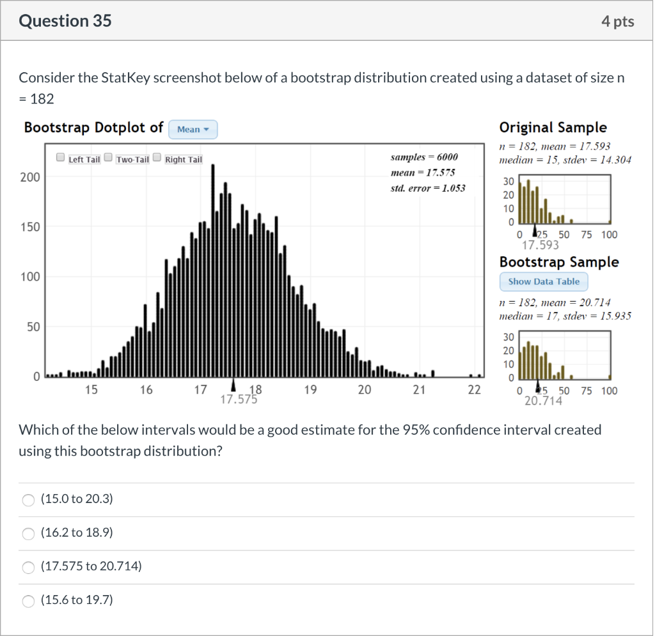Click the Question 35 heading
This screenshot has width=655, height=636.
pos(65,21)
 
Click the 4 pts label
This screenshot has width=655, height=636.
pos(617,22)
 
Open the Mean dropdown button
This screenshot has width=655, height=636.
pos(193,130)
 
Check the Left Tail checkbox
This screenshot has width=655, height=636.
pos(60,158)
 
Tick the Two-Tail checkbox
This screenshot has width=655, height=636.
pos(108,158)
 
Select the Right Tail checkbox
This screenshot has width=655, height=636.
pos(157,158)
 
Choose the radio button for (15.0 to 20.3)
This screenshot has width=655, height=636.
pos(28,500)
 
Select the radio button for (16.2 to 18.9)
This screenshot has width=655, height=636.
pos(28,533)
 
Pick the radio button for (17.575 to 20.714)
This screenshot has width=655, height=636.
pos(28,567)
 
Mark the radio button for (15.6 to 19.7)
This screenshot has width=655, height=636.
pos(28,601)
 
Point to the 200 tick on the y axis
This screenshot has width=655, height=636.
pos(29,177)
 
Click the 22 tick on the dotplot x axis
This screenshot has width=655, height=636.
pos(473,390)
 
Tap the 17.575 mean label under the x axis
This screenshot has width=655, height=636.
pos(238,401)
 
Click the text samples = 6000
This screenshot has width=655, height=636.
pos(423,157)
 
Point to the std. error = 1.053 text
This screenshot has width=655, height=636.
pos(427,188)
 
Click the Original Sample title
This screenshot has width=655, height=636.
pos(553,127)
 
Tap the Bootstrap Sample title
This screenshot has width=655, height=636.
pos(558,262)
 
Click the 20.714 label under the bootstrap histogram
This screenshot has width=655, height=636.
pos(543,401)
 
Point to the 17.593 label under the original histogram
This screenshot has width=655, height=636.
pos(541,245)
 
